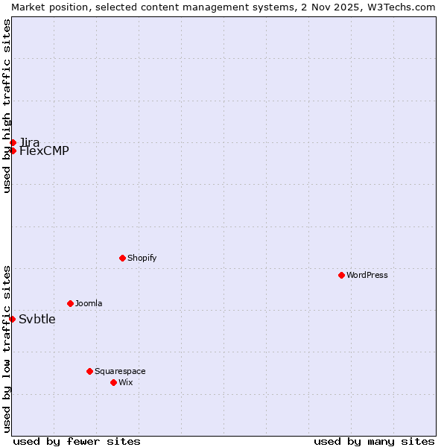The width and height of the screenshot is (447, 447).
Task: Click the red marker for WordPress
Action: (341, 275)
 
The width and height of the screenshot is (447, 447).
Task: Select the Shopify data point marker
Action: (122, 258)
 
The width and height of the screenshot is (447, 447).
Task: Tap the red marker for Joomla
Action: (70, 303)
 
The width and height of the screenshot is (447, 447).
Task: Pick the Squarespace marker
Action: (89, 371)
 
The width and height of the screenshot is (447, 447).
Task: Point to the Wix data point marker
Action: (113, 382)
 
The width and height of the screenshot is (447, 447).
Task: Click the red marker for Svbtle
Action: (13, 319)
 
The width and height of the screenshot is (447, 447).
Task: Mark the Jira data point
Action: (13, 142)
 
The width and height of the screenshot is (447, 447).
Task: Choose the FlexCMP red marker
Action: (13, 150)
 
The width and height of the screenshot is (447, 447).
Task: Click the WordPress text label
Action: (367, 275)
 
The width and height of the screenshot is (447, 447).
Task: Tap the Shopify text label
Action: (142, 258)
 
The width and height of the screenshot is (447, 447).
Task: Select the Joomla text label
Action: (89, 303)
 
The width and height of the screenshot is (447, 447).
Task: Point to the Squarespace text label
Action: (120, 371)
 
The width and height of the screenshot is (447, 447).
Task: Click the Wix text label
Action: (126, 382)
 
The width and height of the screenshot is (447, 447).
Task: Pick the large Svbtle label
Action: (37, 320)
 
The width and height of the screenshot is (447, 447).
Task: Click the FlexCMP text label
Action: (44, 151)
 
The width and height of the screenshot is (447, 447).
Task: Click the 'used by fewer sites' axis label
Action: (77, 441)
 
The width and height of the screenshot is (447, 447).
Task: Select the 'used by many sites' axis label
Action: (374, 441)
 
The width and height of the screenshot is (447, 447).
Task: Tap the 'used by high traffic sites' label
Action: (7, 106)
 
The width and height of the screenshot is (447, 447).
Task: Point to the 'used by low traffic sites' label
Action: (7, 348)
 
